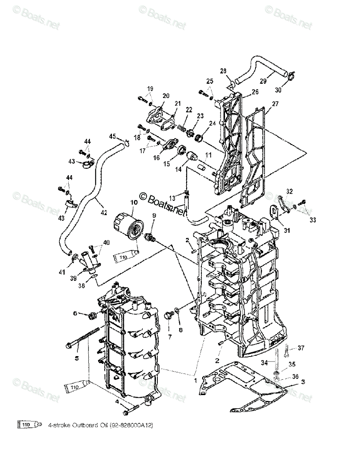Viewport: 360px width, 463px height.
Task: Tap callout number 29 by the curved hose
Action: (264, 81)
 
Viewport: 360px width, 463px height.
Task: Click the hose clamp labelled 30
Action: (290, 76)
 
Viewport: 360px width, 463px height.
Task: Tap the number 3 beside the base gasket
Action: (303, 382)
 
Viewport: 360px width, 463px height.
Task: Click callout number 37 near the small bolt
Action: (301, 348)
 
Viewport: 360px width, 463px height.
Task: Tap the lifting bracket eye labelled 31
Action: (273, 211)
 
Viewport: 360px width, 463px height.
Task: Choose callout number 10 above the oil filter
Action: (134, 202)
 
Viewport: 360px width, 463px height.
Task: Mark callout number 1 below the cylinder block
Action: (196, 380)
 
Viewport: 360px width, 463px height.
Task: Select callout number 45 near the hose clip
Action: (112, 136)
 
